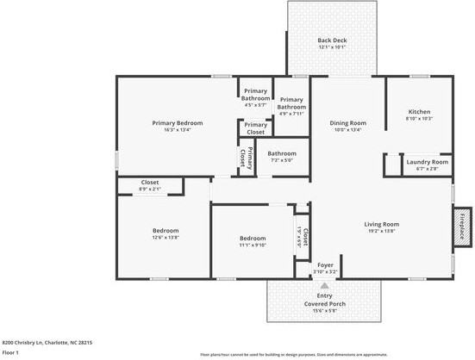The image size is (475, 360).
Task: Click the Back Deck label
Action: [x=331, y=40]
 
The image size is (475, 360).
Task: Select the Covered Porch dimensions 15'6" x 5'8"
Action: [x=325, y=312]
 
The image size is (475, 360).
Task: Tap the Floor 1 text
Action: [x=10, y=352]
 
